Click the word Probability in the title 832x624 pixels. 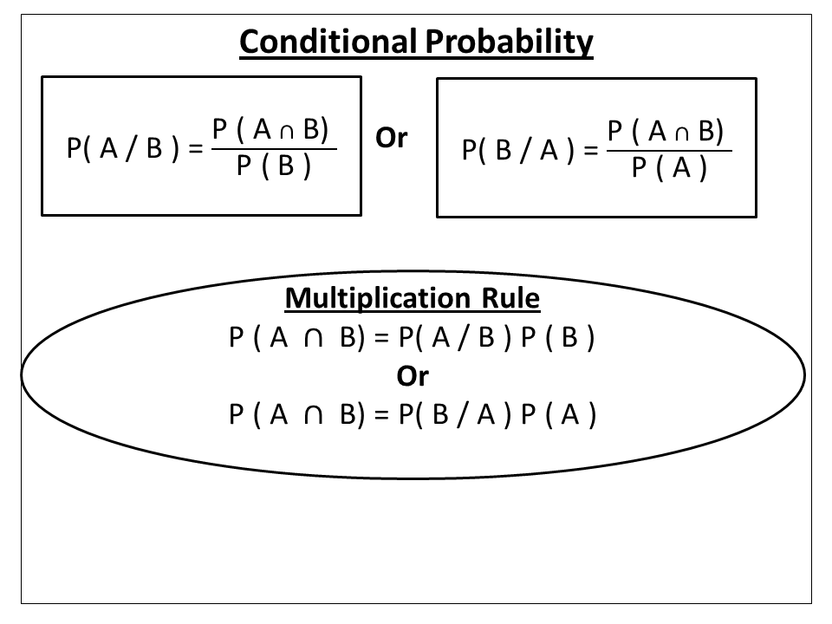509,42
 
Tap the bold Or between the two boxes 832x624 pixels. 392,138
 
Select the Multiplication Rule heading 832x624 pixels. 413,299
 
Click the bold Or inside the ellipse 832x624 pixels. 413,376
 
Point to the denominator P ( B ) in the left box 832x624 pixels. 274,166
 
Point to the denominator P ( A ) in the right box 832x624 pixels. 669,166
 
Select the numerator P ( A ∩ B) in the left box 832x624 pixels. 271,130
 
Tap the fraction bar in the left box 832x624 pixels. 274,149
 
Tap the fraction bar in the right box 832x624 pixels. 669,149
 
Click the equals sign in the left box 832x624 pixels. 196,150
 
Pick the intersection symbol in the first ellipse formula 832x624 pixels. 315,339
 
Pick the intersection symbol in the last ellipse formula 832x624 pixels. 315,415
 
